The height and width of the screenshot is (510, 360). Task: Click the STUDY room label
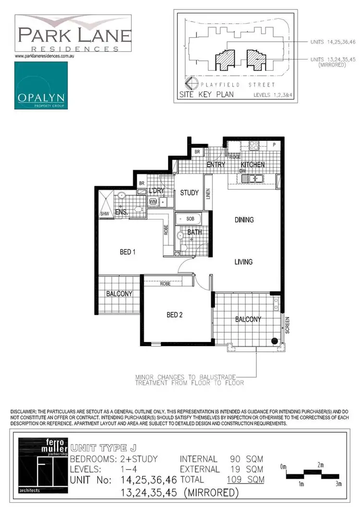pyautogui.click(x=189, y=193)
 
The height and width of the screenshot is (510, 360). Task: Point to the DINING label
pyautogui.click(x=244, y=220)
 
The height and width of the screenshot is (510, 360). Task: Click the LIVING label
pyautogui.click(x=243, y=262)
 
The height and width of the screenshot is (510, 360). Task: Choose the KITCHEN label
pyautogui.click(x=252, y=165)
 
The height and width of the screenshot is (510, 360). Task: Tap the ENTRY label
pyautogui.click(x=216, y=165)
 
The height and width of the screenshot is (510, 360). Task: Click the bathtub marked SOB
pyautogui.click(x=188, y=219)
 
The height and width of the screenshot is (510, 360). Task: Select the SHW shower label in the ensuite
pyautogui.click(x=104, y=214)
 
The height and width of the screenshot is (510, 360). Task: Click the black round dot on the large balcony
pyautogui.click(x=274, y=341)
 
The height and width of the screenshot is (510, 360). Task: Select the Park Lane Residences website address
pyautogui.click(x=47, y=57)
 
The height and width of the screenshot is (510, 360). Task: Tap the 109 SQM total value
pyautogui.click(x=245, y=479)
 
